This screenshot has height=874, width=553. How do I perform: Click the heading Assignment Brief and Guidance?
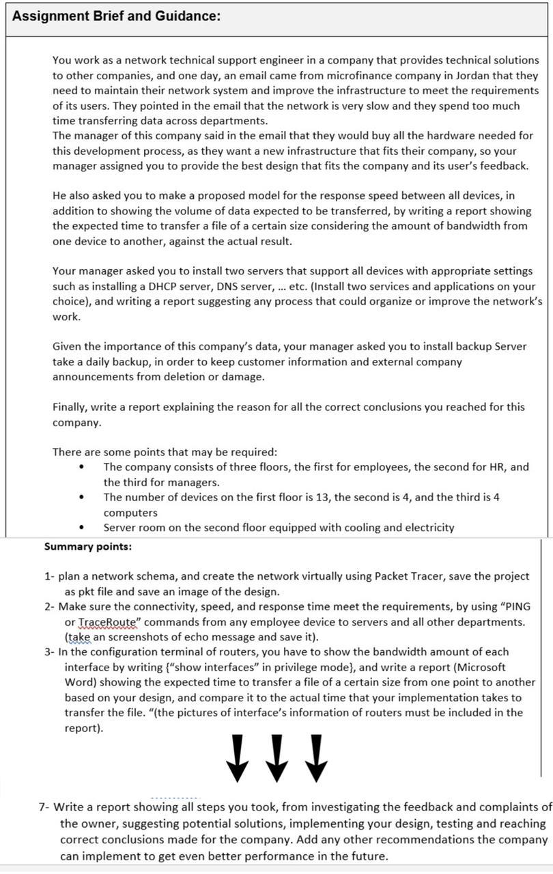(116, 16)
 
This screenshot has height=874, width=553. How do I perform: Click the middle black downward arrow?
(276, 758)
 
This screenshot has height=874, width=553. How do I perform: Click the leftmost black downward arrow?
(237, 758)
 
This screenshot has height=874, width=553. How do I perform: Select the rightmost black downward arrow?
(315, 758)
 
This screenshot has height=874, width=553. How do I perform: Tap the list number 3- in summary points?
(49, 652)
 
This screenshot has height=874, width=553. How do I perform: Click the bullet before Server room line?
(82, 528)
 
